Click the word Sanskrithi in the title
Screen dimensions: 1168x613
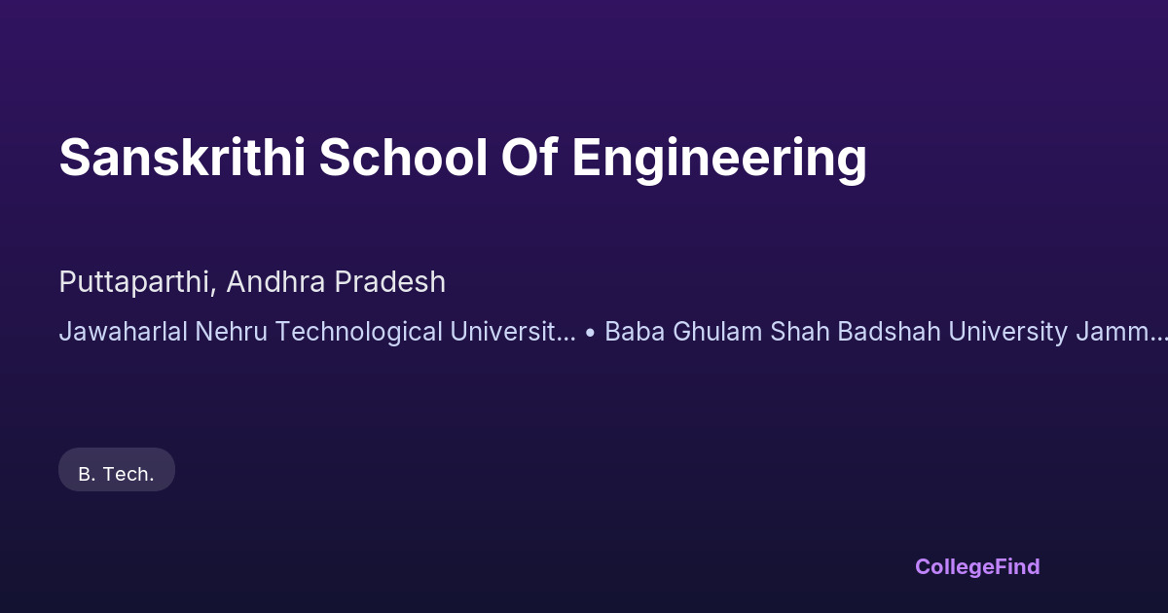(x=182, y=158)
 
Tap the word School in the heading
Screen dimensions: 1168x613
(x=403, y=158)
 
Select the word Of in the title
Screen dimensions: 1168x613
(x=529, y=157)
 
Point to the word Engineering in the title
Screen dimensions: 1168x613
(x=719, y=160)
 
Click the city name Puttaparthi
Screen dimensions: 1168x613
(x=137, y=282)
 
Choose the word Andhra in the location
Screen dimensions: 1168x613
(x=275, y=281)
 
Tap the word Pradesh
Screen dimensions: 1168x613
(x=390, y=281)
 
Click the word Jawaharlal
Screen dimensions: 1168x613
(x=123, y=332)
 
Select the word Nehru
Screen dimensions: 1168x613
(x=231, y=332)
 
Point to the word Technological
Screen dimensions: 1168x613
(x=359, y=333)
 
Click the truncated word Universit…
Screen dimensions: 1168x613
(x=513, y=332)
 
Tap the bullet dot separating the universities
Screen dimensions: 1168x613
(x=590, y=333)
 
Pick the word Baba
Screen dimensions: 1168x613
(x=635, y=332)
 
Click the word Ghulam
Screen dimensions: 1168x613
(x=717, y=332)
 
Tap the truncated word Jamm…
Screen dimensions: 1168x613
(x=1121, y=332)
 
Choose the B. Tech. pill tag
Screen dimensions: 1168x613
(x=117, y=470)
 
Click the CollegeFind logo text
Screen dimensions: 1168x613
(x=977, y=567)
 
